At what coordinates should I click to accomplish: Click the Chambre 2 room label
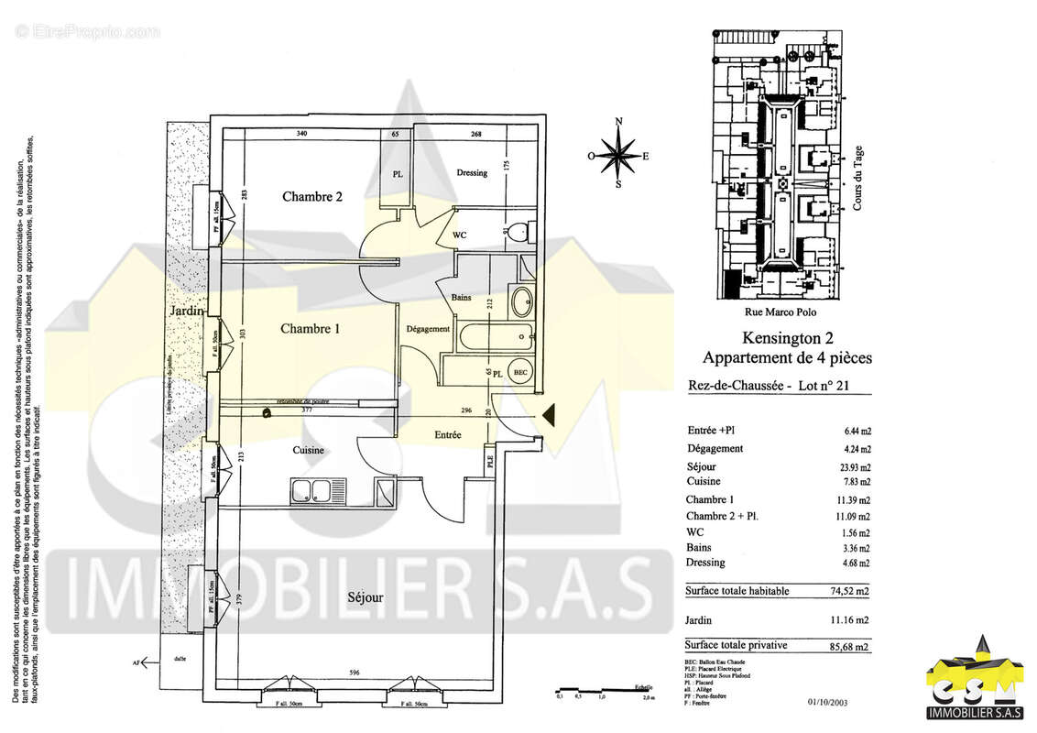pos(312,196)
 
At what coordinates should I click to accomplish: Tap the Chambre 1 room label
pos(311,329)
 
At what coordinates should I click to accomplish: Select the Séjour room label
pos(365,597)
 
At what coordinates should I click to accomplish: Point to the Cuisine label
pos(309,450)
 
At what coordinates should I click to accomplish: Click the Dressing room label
pos(472,172)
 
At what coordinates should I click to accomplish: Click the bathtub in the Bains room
pos(495,335)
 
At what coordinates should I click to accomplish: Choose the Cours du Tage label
pos(858,181)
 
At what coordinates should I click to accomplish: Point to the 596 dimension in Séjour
pos(354,673)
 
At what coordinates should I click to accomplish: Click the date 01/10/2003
pos(828,704)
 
